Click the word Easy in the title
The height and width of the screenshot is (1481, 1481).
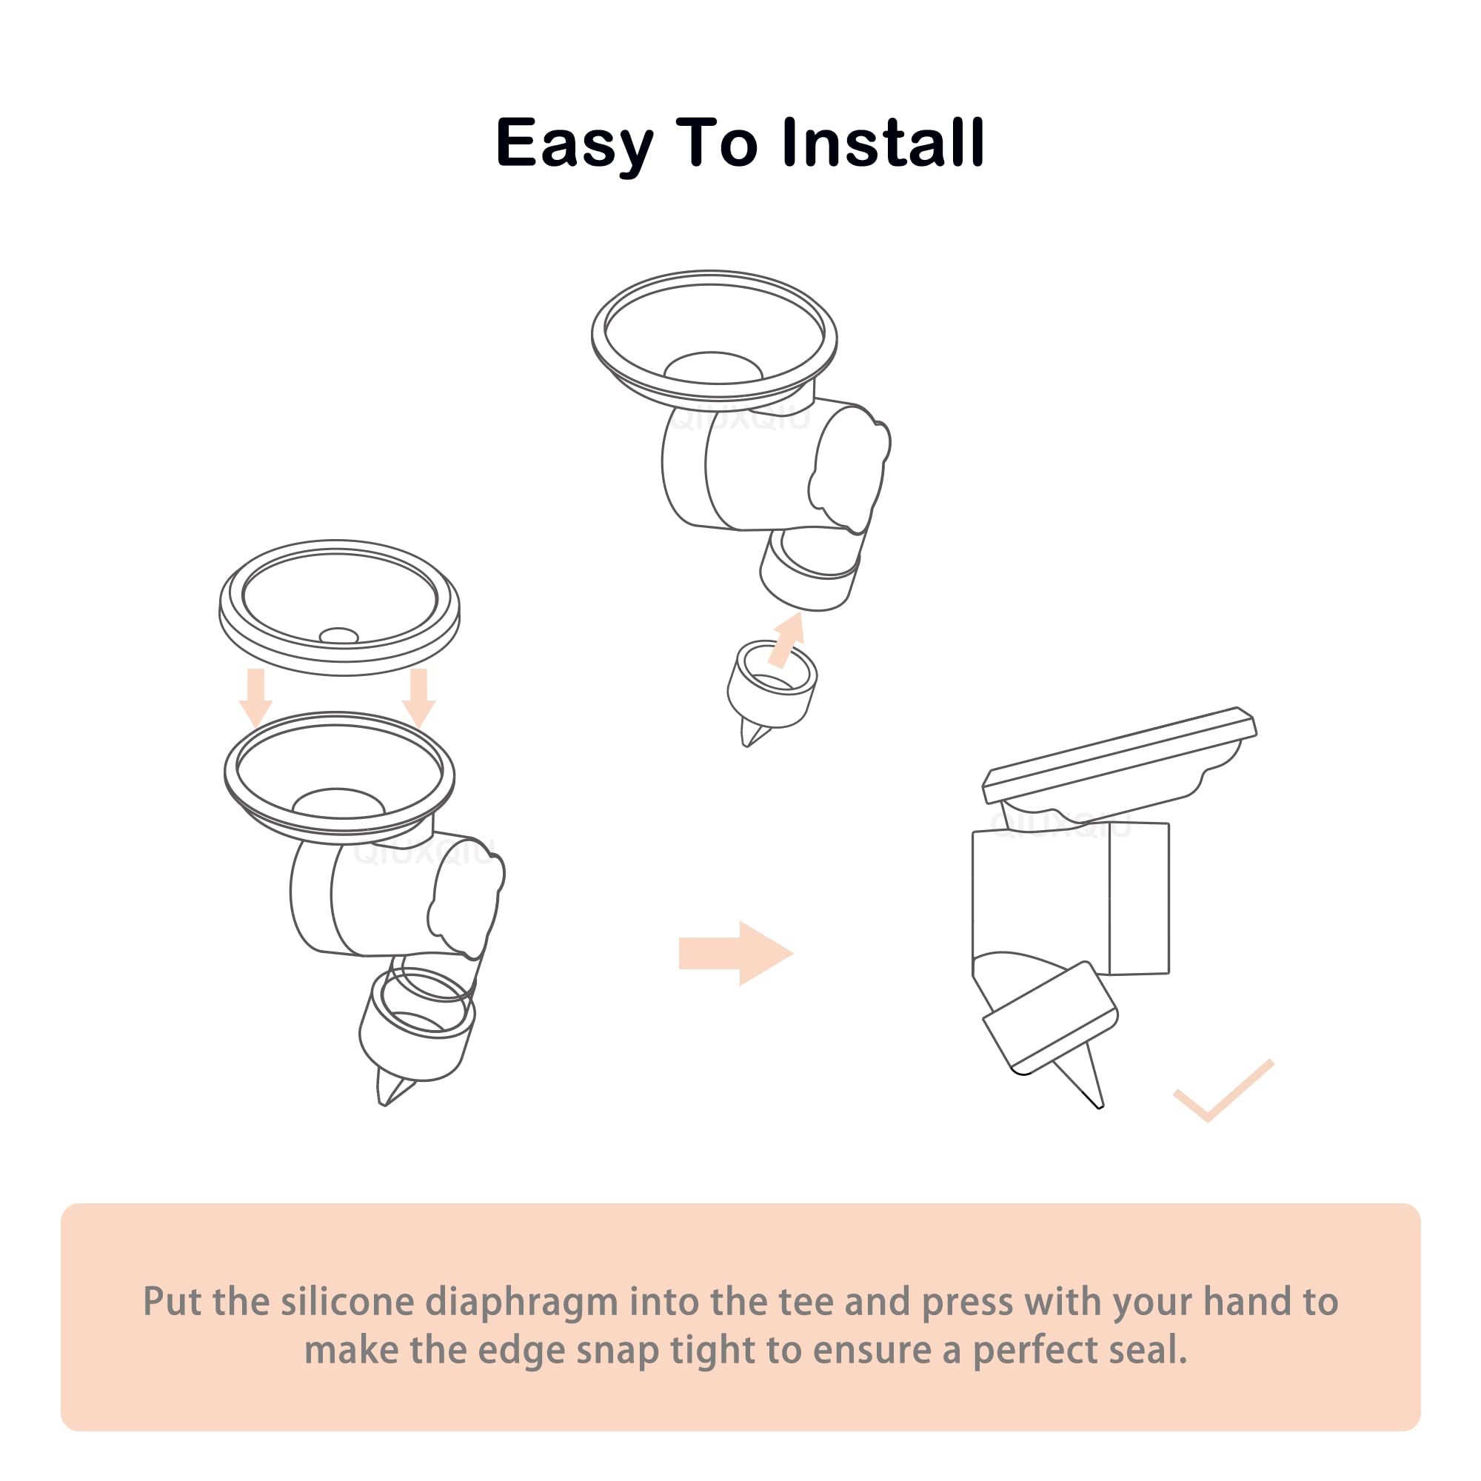(x=574, y=145)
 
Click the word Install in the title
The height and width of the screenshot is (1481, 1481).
(x=883, y=142)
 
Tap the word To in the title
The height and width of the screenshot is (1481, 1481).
(x=716, y=143)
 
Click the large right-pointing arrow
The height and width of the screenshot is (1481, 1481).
(x=735, y=953)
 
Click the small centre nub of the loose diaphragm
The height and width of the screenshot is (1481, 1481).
(x=338, y=635)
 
